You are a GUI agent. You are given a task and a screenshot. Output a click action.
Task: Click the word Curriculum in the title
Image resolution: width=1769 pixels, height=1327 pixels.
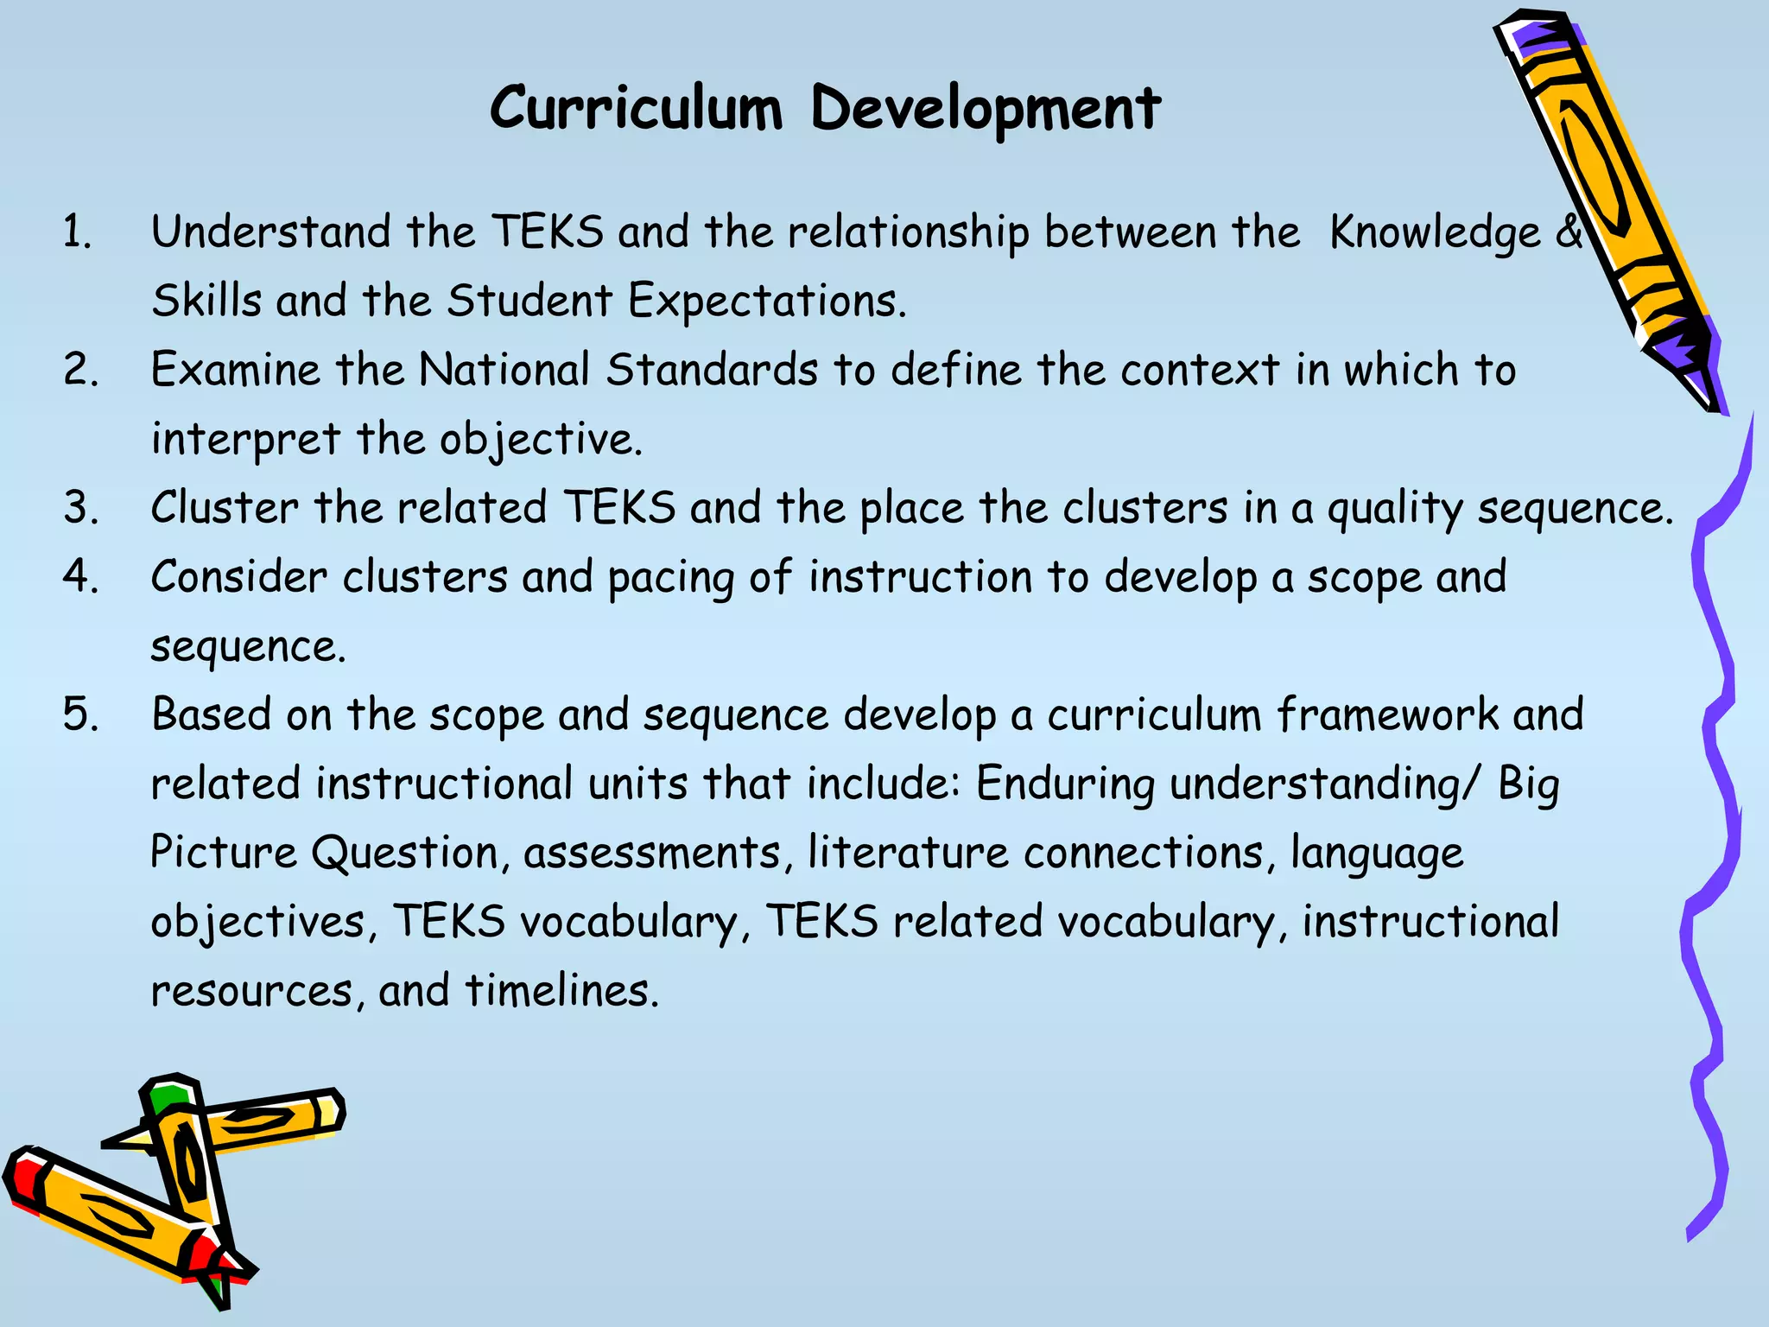coord(636,110)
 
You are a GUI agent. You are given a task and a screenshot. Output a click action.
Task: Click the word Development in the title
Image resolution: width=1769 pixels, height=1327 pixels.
coord(986,110)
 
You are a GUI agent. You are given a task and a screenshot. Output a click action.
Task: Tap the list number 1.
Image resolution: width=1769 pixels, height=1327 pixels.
coord(78,232)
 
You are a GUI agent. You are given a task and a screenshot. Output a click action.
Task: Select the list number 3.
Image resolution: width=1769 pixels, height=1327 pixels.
coord(80,508)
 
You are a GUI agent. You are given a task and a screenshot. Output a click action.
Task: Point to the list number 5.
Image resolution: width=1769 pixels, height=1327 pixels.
coord(80,715)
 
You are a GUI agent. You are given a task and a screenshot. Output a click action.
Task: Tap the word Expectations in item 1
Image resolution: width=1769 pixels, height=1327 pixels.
coord(766,302)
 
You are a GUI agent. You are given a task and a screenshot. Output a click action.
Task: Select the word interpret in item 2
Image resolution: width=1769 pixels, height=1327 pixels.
coord(245,440)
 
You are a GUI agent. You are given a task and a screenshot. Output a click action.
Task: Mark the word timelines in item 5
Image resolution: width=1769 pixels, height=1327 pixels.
coord(561,991)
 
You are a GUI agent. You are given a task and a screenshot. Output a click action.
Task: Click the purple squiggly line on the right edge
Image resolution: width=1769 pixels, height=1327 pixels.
coord(1715,778)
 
